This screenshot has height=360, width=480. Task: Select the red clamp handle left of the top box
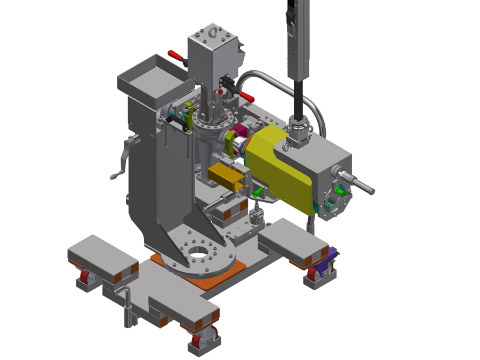pyautogui.click(x=175, y=55)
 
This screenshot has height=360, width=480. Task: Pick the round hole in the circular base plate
pyautogui.click(x=198, y=252)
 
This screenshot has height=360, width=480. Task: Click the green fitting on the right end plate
pyautogui.click(x=339, y=190)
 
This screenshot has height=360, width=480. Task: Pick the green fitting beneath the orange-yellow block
pyautogui.click(x=259, y=191)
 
